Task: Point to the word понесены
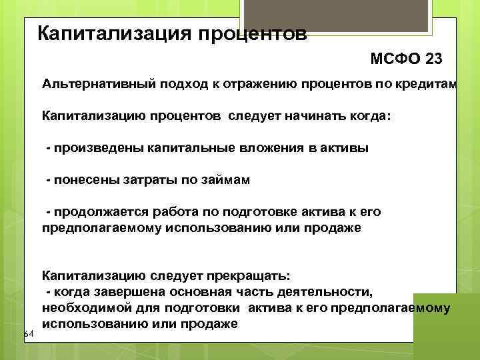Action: pos(81,179)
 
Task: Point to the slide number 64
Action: pos(28,333)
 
